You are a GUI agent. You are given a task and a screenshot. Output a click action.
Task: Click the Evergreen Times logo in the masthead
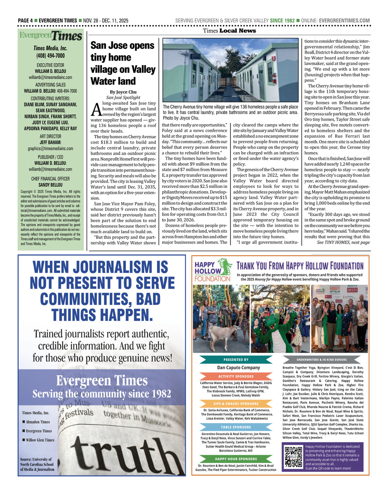(51, 36)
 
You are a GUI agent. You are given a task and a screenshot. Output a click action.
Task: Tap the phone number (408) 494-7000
(50, 56)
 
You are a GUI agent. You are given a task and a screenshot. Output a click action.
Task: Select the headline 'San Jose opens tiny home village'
(123, 63)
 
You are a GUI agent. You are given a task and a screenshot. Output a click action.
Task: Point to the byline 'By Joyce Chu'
(123, 92)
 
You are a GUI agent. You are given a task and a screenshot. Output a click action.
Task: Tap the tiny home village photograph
(231, 70)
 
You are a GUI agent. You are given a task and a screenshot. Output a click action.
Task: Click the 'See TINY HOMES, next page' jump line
(343, 243)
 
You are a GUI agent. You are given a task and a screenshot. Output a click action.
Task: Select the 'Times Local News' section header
(229, 31)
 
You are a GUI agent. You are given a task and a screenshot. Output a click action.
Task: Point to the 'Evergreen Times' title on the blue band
(102, 380)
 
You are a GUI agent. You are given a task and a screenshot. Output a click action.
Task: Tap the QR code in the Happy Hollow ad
(293, 457)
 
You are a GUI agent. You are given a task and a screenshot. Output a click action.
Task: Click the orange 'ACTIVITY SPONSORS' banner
(236, 376)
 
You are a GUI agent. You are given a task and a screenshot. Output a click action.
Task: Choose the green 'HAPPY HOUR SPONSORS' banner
(236, 459)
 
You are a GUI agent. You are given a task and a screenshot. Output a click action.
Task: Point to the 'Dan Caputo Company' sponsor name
(238, 367)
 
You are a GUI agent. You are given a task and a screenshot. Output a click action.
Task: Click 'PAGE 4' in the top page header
(25, 21)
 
